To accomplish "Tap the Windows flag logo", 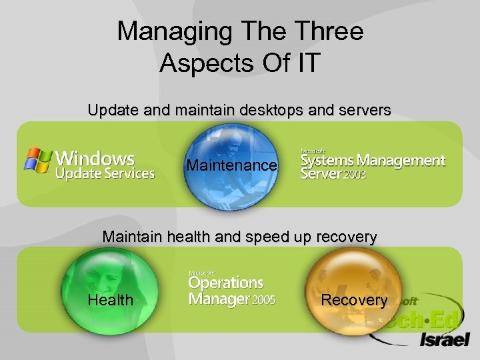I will pyautogui.click(x=39, y=161).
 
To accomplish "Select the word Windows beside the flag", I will pyautogui.click(x=95, y=159).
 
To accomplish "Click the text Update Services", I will pyautogui.click(x=105, y=174).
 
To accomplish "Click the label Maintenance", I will pyautogui.click(x=231, y=165).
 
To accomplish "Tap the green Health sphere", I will pyautogui.click(x=110, y=280).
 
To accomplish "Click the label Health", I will pyautogui.click(x=110, y=300).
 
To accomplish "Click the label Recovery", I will pyautogui.click(x=354, y=300).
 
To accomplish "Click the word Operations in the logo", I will pyautogui.click(x=226, y=283).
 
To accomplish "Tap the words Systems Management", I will pyautogui.click(x=373, y=160).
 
